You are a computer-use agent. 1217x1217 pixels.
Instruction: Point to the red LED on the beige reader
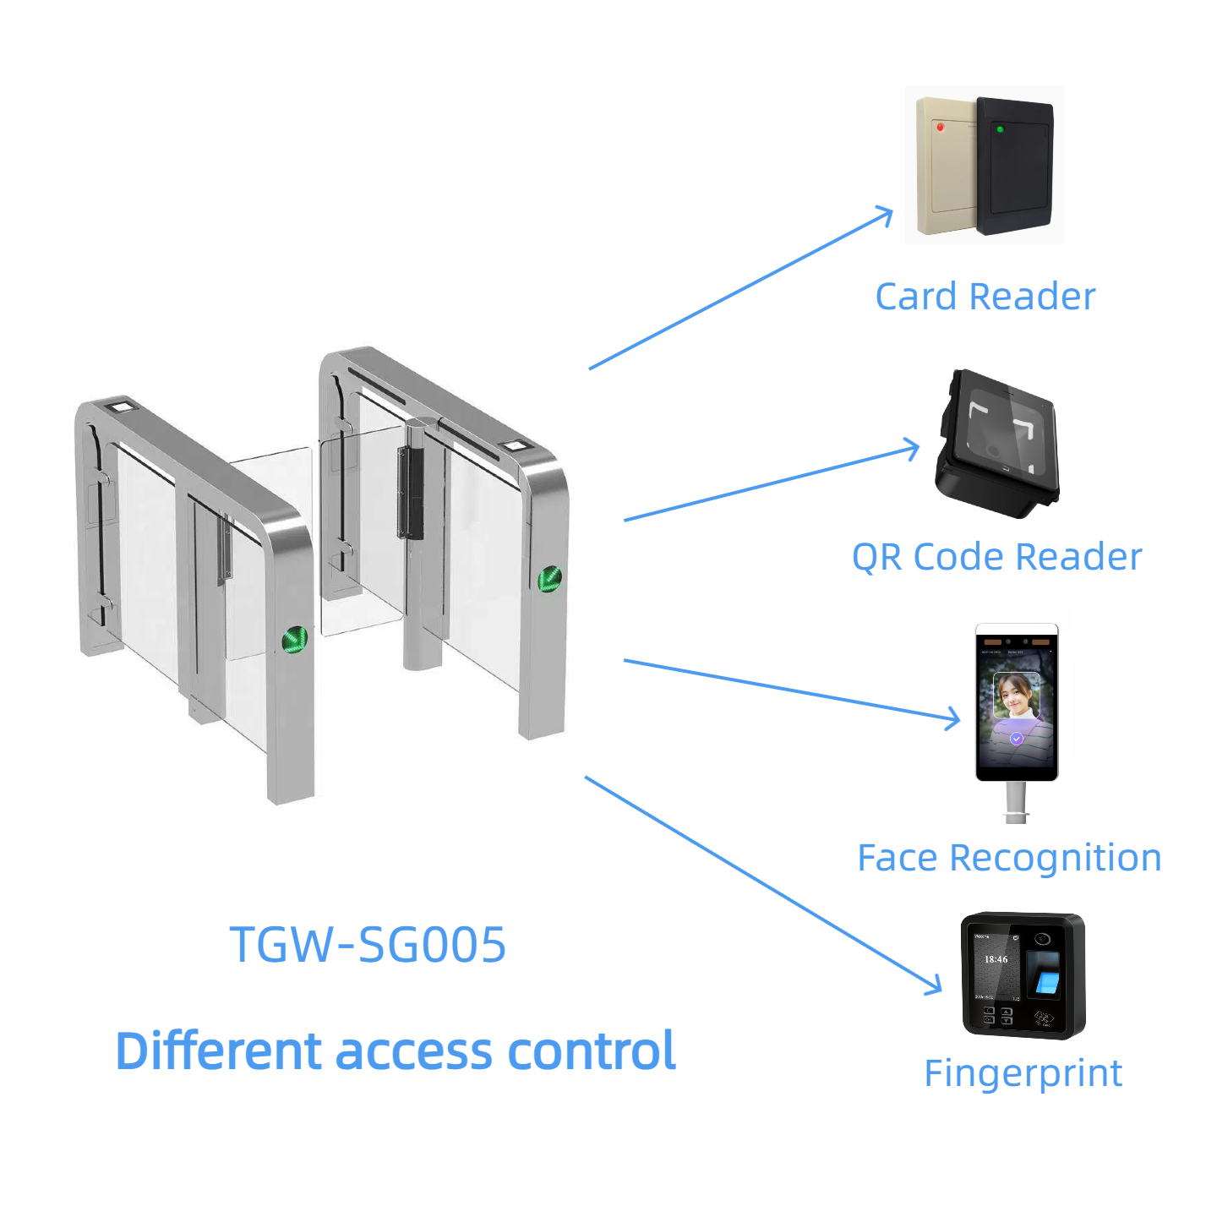coord(940,128)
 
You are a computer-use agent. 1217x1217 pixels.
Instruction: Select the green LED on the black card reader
coord(1000,129)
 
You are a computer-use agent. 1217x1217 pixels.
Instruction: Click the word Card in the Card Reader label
coord(917,297)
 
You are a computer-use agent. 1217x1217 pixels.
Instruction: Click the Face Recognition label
coord(1009,858)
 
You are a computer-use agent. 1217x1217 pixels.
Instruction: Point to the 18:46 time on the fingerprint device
coord(996,959)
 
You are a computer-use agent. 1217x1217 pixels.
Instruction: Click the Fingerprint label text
coord(1023,1073)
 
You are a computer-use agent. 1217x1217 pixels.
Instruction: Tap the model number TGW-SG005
coord(368,944)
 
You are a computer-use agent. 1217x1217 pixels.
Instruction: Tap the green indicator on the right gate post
coord(549,578)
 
